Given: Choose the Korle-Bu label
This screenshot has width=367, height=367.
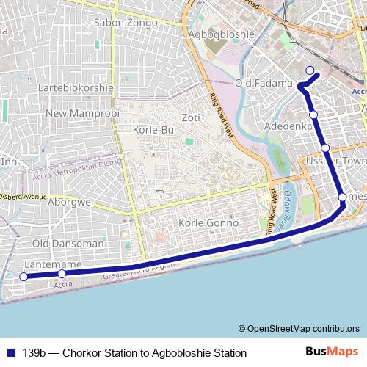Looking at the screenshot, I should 153,130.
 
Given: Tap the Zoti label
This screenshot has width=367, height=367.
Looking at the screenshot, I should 191,117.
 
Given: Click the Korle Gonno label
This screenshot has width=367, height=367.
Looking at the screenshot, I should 209,222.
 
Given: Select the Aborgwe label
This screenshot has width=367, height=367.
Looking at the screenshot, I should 69,202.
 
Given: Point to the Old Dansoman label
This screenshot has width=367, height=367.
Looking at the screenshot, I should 68,243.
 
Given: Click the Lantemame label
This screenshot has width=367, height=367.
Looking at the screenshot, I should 51,264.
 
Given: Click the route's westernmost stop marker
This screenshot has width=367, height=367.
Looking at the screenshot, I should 23,277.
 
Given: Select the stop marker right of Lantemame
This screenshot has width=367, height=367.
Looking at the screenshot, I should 62,275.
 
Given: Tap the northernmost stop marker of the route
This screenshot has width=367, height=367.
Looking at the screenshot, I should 310,71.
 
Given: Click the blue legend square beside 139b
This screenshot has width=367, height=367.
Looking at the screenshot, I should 11,353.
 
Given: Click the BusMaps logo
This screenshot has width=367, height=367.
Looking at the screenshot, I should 333,352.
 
